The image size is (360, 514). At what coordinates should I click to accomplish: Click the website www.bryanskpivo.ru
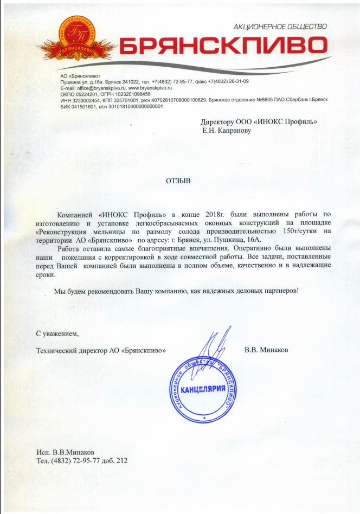pyautogui.click(x=150, y=87)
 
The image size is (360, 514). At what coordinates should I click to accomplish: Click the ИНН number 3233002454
pyautogui.click(x=83, y=100)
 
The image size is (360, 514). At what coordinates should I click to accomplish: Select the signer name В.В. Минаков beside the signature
pyautogui.click(x=266, y=350)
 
